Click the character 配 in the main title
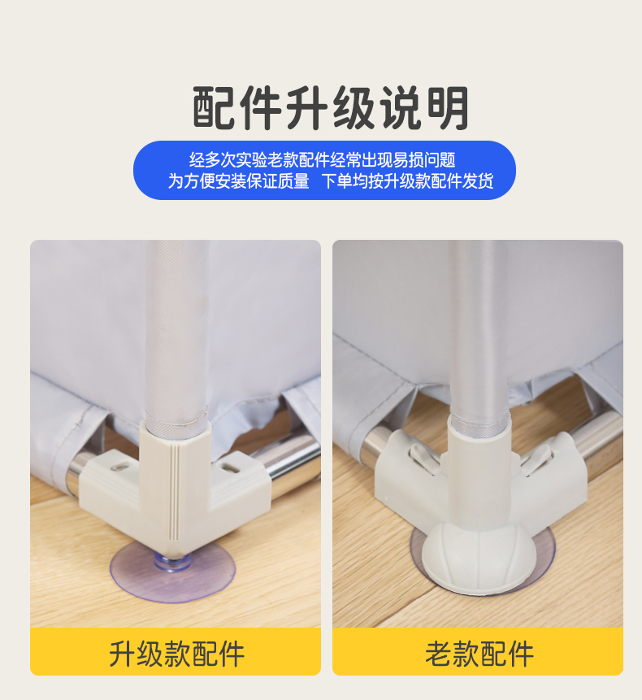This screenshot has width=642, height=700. (x=215, y=108)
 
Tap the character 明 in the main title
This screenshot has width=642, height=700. (x=448, y=108)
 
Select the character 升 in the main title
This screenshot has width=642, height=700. (x=308, y=108)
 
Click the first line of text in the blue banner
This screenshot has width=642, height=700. (x=322, y=159)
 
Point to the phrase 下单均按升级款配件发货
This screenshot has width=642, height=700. (x=408, y=180)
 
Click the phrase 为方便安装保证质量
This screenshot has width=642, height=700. (x=239, y=180)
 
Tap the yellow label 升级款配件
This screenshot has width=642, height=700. (x=176, y=654)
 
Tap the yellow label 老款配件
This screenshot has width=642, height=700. (x=479, y=654)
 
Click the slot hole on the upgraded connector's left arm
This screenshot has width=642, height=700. (x=119, y=467)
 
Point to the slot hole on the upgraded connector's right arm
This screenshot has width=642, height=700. (x=231, y=467)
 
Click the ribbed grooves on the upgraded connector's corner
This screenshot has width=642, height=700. (x=174, y=491)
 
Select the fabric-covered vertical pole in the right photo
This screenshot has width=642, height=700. (x=479, y=330)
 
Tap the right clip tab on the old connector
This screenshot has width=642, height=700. (x=536, y=461)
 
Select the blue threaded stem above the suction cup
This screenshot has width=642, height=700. (x=171, y=562)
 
